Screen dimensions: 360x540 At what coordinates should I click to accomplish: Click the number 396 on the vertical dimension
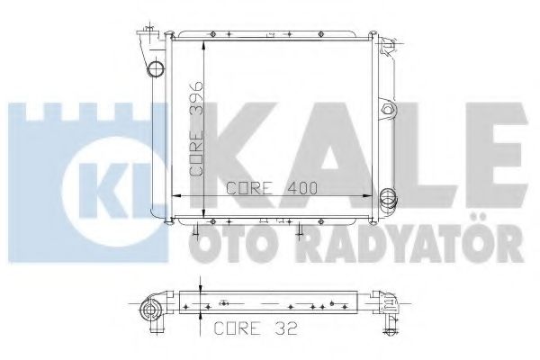pyautogui.click(x=197, y=100)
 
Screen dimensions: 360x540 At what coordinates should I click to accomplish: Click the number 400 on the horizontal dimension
pyautogui.click(x=304, y=188)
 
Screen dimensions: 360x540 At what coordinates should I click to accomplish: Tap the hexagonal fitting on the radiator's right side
pyautogui.click(x=388, y=111)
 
